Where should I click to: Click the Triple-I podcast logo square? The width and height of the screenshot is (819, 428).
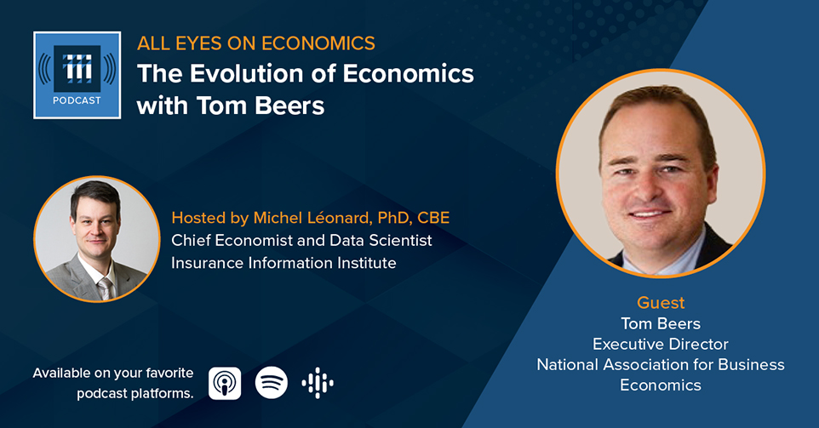coord(77,75)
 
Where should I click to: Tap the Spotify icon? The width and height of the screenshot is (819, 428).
coord(271,383)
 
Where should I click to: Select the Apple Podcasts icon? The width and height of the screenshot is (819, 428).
coord(225,383)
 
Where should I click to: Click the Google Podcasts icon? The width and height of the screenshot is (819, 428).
coord(318,383)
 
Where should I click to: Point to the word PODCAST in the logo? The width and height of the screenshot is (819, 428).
coord(77,100)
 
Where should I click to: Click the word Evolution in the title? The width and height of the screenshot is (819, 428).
coord(249,73)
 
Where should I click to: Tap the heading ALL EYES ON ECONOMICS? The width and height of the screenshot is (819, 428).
coord(256,43)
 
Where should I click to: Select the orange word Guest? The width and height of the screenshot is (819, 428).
coord(661,303)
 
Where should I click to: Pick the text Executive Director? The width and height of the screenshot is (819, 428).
coord(660,344)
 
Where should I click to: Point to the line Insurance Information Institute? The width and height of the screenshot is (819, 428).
coord(283,263)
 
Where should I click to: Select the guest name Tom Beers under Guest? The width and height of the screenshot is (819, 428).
coord(661,323)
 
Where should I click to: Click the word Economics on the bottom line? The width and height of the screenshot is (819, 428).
coord(661,385)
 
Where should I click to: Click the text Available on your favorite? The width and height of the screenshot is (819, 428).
coord(113,374)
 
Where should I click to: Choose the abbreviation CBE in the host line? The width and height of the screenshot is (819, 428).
coord(433,218)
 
